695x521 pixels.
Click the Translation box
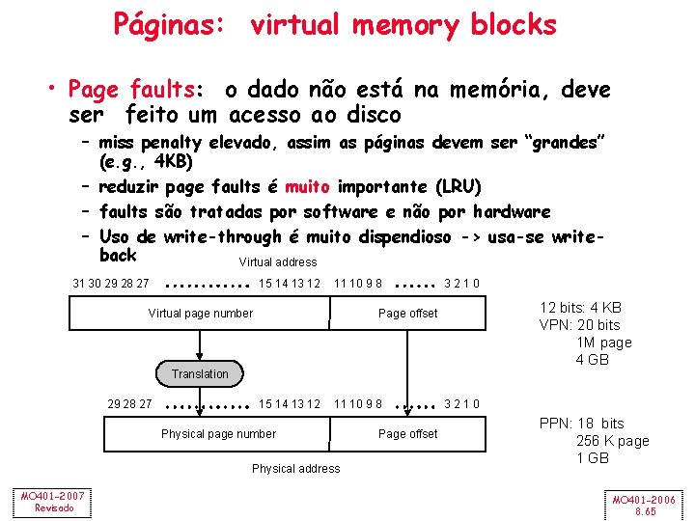(x=200, y=373)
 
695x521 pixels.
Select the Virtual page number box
(x=200, y=313)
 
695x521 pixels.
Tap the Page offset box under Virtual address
(x=407, y=313)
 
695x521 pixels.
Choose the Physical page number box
(x=218, y=433)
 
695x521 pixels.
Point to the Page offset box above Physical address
(x=407, y=433)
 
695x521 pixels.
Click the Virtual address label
(x=277, y=261)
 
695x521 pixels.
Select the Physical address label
(x=295, y=468)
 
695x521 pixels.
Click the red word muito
(x=308, y=186)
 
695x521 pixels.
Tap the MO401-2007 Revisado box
(x=54, y=502)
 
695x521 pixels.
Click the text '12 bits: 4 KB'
(x=580, y=308)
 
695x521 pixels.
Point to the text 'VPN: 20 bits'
(x=579, y=325)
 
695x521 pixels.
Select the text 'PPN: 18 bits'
(x=581, y=424)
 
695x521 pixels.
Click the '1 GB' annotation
(x=592, y=458)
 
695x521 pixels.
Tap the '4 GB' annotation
(x=592, y=360)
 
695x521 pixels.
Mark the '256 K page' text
(x=612, y=441)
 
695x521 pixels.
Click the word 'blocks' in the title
(x=514, y=24)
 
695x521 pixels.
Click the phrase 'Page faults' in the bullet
(x=131, y=90)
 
